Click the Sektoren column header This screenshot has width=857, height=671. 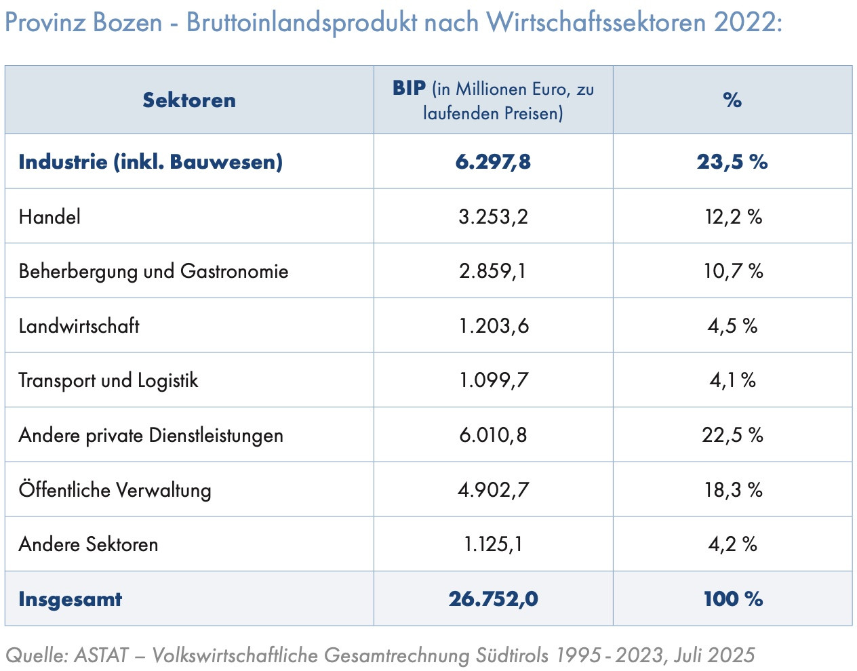pyautogui.click(x=189, y=100)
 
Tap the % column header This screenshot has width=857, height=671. pyautogui.click(x=732, y=100)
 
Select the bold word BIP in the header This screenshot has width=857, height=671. pyautogui.click(x=409, y=88)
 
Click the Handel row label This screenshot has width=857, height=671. pyautogui.click(x=49, y=217)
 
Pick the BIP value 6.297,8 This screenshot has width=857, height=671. pyautogui.click(x=493, y=162)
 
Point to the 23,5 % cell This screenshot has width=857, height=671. pyautogui.click(x=732, y=162)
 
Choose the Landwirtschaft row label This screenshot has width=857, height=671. pyautogui.click(x=79, y=326)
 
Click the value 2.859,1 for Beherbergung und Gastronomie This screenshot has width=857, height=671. pyautogui.click(x=493, y=271)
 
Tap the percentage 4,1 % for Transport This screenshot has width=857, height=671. pyautogui.click(x=732, y=380)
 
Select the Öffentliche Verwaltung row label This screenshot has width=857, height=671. pyautogui.click(x=115, y=489)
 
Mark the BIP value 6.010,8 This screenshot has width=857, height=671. pyautogui.click(x=493, y=435)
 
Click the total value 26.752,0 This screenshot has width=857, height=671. pyautogui.click(x=493, y=599)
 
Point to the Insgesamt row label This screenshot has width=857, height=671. pyautogui.click(x=70, y=599)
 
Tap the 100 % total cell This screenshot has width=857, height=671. pyautogui.click(x=733, y=599)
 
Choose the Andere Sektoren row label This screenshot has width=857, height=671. pyautogui.click(x=88, y=544)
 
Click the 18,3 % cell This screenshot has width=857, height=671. pyautogui.click(x=733, y=489)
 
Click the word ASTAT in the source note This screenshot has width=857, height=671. pyautogui.click(x=101, y=655)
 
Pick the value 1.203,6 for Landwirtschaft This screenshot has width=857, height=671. pyautogui.click(x=493, y=326)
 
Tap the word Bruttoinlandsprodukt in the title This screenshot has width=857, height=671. pyautogui.click(x=302, y=22)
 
